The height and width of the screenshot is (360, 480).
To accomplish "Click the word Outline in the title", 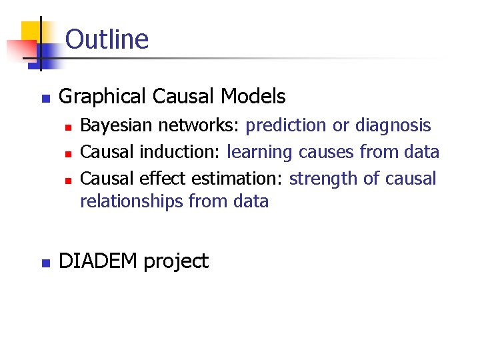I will pos(107,39).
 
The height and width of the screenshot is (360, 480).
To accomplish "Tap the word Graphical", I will pos(103,97).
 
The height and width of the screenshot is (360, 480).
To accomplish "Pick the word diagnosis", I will pos(393,125).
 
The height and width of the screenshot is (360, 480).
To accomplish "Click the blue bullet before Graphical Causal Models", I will pos(45,98).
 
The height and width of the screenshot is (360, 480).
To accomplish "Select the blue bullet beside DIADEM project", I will pos(45,263).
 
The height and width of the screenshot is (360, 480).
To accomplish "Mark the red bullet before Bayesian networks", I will pos(67,126).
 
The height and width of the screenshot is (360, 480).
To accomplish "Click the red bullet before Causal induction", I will pos(67,153).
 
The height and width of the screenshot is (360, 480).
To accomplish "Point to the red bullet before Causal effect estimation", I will pos(67,179).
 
